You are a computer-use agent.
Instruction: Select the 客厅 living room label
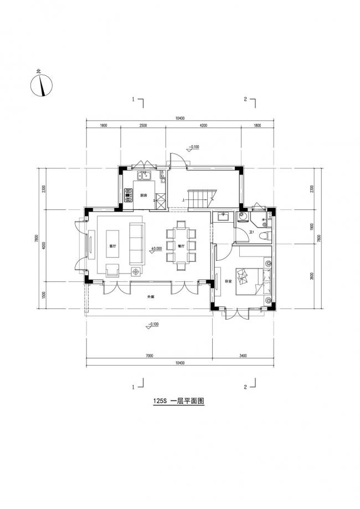point(113,246)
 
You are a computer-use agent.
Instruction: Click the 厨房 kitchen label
point(143,196)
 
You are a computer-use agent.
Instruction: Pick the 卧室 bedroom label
point(228,281)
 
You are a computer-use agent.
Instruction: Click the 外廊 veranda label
point(150,297)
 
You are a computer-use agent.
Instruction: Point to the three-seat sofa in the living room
point(136,244)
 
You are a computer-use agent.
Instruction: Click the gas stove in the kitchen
point(128,194)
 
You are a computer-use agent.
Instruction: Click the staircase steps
point(199,198)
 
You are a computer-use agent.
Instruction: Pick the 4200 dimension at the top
point(203,126)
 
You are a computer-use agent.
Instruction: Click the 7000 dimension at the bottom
point(149,356)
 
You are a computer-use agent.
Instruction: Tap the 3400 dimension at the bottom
point(243,356)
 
